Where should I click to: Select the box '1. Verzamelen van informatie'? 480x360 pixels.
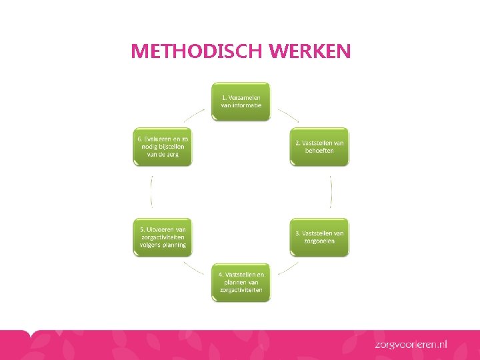241,101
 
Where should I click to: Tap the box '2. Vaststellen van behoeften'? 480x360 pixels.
319,146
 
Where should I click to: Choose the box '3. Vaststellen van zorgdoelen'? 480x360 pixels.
319,237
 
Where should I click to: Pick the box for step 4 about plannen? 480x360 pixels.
241,282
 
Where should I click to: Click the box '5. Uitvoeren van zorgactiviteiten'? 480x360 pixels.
163,237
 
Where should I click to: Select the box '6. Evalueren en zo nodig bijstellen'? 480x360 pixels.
163,146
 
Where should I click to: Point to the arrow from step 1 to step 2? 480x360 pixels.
288,115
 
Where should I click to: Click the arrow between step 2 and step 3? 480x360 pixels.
331,191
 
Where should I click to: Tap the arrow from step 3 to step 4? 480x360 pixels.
288,268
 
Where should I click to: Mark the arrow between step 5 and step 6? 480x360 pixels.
152,191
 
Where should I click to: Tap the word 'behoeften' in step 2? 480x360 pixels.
319,151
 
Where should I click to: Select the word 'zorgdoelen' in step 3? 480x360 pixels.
319,241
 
